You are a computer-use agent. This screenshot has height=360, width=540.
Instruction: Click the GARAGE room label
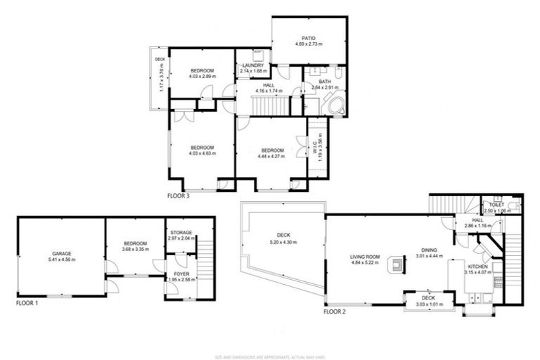[x=61, y=254]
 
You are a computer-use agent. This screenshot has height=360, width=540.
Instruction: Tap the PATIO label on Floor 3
[x=309, y=38]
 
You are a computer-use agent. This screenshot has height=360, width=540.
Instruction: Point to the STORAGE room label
[x=182, y=233]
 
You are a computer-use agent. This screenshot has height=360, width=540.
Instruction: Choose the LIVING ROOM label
[x=366, y=257]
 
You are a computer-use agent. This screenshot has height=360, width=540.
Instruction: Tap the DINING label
[x=428, y=249]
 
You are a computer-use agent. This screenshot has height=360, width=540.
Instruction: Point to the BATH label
[x=324, y=82]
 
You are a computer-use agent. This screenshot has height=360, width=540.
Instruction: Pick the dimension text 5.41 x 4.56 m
[x=61, y=259]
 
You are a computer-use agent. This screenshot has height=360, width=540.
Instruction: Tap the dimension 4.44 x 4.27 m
[x=272, y=156]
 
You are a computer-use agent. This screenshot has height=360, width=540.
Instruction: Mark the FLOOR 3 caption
[x=178, y=196]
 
